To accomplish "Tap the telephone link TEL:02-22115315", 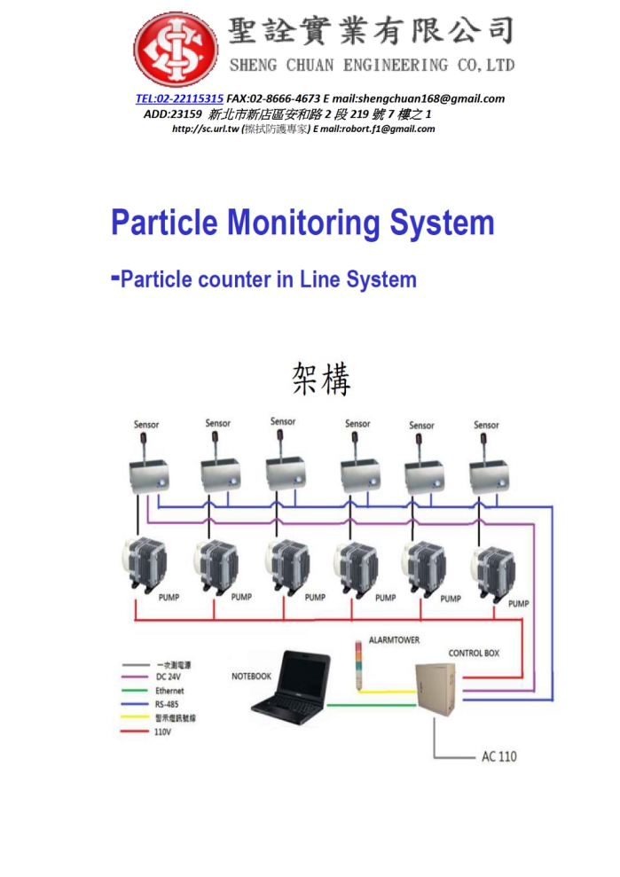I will coord(179,98).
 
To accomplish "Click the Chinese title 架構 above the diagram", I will coord(321,380).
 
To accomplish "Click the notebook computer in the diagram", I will coord(288,684).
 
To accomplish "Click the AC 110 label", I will coord(498,756).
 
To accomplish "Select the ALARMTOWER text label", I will coord(394,639).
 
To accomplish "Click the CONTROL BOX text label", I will coord(473,653).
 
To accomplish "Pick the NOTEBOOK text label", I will coord(251,676).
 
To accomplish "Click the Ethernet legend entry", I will coord(169,691).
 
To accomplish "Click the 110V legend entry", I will coord(164,732).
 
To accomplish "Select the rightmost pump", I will coord(493,574).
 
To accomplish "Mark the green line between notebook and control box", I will coord(373,707).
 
